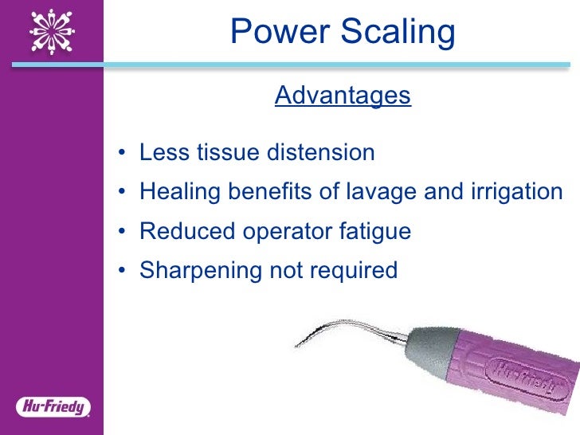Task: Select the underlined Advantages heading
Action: [343, 96]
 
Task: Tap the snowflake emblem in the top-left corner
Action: [52, 31]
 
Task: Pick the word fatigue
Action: [373, 232]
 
